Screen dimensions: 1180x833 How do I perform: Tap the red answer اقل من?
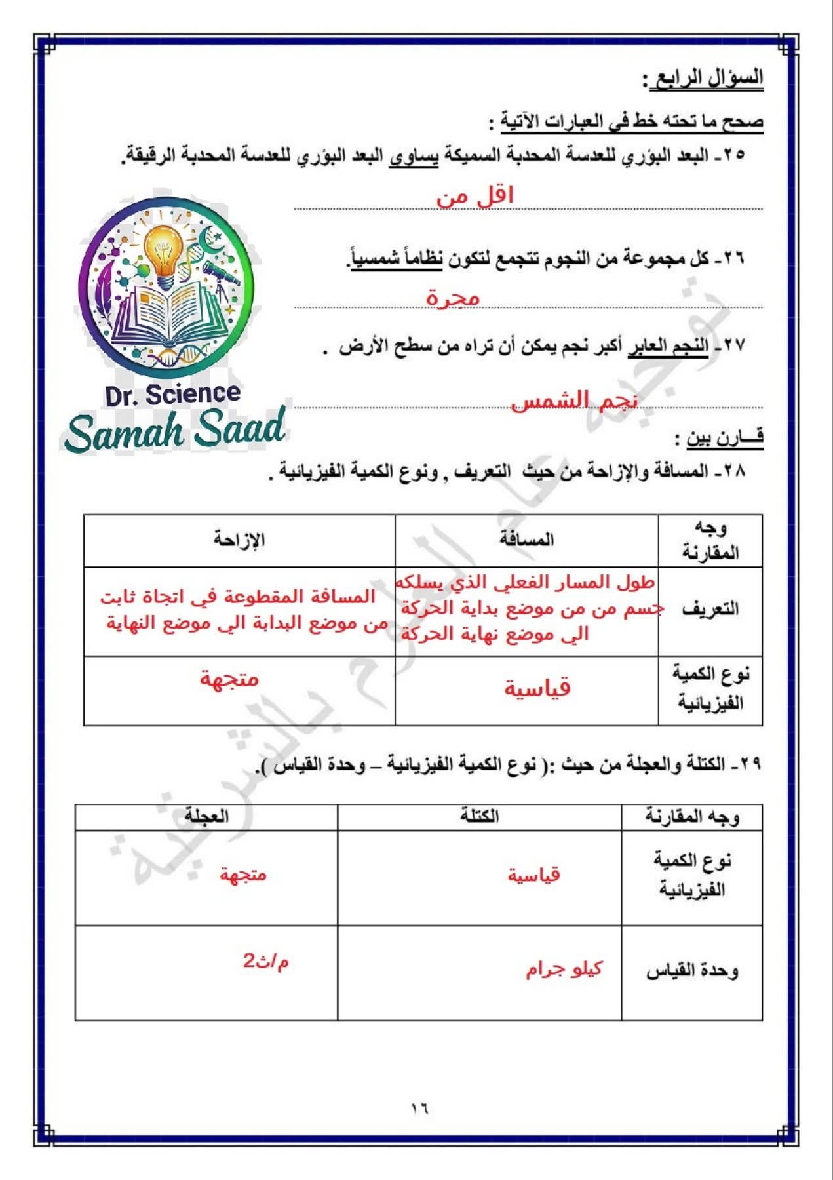(475, 195)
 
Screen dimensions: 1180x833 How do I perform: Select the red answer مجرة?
(453, 298)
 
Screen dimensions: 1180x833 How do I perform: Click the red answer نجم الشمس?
(574, 400)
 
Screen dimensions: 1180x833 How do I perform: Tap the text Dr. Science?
(172, 395)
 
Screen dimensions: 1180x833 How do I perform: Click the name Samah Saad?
(176, 429)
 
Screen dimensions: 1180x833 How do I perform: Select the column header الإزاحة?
(239, 540)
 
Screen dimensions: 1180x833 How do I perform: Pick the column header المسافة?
(526, 540)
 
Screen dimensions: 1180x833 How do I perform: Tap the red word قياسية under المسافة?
(537, 688)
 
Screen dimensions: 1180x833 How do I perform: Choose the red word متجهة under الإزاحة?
(229, 678)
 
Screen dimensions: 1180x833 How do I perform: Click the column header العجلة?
(206, 816)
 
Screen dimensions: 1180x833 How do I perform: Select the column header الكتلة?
(479, 816)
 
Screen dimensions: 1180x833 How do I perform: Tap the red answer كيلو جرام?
(564, 970)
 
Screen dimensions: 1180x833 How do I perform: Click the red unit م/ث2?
(266, 962)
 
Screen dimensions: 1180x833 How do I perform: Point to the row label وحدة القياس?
(692, 971)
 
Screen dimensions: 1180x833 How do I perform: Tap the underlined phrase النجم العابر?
(668, 346)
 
